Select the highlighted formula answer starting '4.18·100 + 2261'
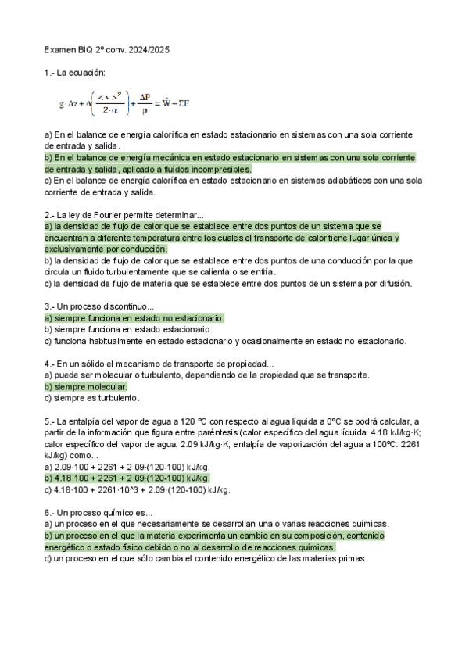click(x=133, y=478)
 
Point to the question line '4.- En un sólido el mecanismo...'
click(x=159, y=364)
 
